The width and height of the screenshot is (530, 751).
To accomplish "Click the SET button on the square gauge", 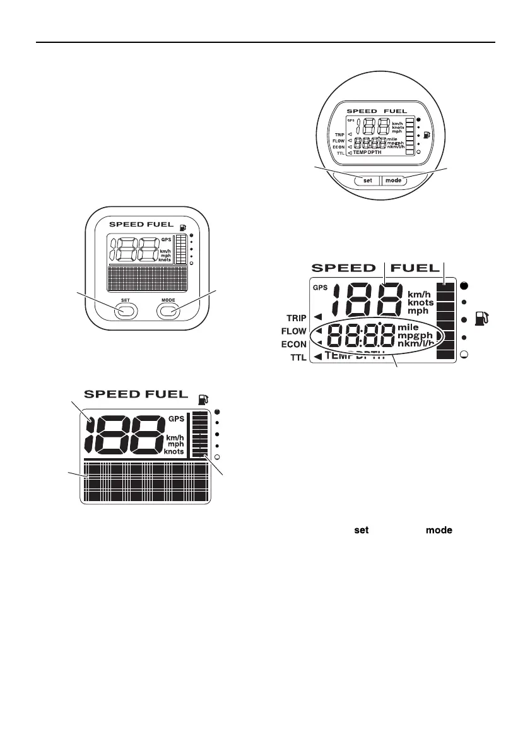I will click(126, 310).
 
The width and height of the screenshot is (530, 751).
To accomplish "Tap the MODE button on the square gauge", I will click(168, 310).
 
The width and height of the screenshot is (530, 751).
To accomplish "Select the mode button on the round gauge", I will click(393, 180).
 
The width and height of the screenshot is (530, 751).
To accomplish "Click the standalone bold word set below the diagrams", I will click(361, 531).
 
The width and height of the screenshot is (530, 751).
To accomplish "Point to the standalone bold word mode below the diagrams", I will click(439, 531).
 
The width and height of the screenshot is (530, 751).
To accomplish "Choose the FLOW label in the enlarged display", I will click(293, 331).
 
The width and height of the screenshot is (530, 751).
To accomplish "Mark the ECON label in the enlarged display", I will click(293, 345).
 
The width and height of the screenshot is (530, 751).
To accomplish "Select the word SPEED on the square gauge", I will click(126, 224).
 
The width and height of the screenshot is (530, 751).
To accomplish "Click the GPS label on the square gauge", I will click(167, 239).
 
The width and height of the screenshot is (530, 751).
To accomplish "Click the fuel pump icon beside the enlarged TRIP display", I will click(486, 319).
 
